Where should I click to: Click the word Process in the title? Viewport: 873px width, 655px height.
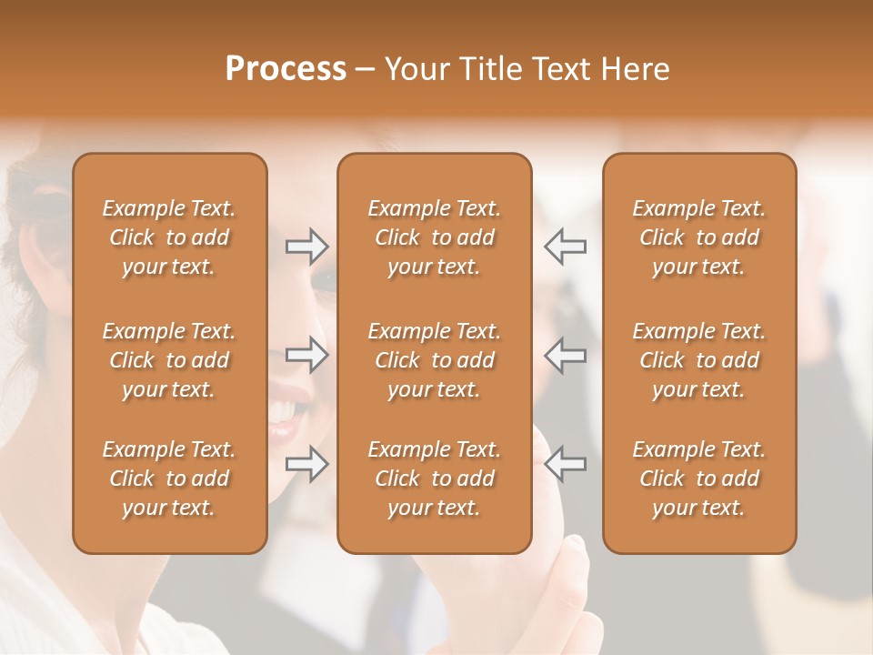point(286,69)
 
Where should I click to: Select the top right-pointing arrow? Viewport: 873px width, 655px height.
point(306,246)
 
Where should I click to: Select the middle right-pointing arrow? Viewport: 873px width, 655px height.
point(306,355)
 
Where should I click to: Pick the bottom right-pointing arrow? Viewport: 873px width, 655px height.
point(306,464)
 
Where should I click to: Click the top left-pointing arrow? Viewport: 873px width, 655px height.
point(565,246)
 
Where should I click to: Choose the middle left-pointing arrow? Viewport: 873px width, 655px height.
point(565,355)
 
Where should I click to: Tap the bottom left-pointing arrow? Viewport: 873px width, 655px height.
point(565,464)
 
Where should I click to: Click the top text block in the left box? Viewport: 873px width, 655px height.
point(169,237)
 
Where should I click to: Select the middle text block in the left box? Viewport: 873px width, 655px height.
point(169,360)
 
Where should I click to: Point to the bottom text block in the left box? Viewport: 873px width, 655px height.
point(169,479)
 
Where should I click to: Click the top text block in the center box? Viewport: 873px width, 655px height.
point(434,237)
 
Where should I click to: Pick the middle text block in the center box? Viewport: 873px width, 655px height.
point(434,360)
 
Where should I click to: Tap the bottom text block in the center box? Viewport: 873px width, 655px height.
point(434,479)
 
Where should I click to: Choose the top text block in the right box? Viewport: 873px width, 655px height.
point(698,237)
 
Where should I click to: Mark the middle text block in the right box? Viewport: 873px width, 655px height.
point(698,360)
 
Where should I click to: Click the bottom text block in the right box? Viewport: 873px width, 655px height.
point(698,479)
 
